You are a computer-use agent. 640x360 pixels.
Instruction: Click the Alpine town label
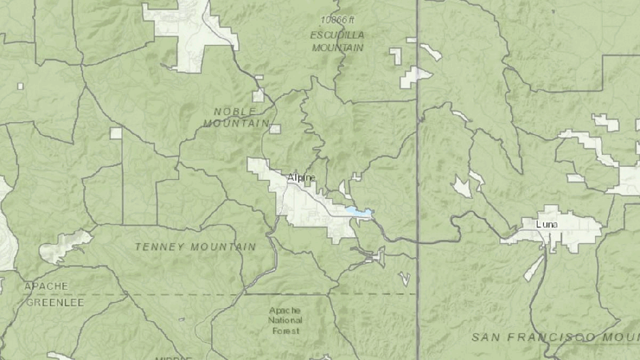tap(301, 177)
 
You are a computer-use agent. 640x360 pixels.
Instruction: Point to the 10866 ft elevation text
tap(337, 19)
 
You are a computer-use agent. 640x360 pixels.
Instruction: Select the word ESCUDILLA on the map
tap(337, 34)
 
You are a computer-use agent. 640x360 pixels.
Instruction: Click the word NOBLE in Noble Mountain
tap(234, 111)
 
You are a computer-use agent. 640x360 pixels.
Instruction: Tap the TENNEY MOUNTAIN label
tap(195, 247)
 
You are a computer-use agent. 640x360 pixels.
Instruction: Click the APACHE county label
tap(46, 286)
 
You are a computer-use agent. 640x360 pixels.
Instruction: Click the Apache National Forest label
tap(286, 320)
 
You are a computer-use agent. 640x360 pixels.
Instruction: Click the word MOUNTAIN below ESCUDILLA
tap(337, 48)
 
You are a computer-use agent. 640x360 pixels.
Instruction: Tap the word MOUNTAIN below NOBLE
tap(236, 123)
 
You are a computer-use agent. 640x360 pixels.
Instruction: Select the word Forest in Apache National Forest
tap(286, 331)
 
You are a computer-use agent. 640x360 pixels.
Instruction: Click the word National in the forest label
tap(286, 320)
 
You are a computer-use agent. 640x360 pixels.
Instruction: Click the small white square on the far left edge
tap(20, 86)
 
